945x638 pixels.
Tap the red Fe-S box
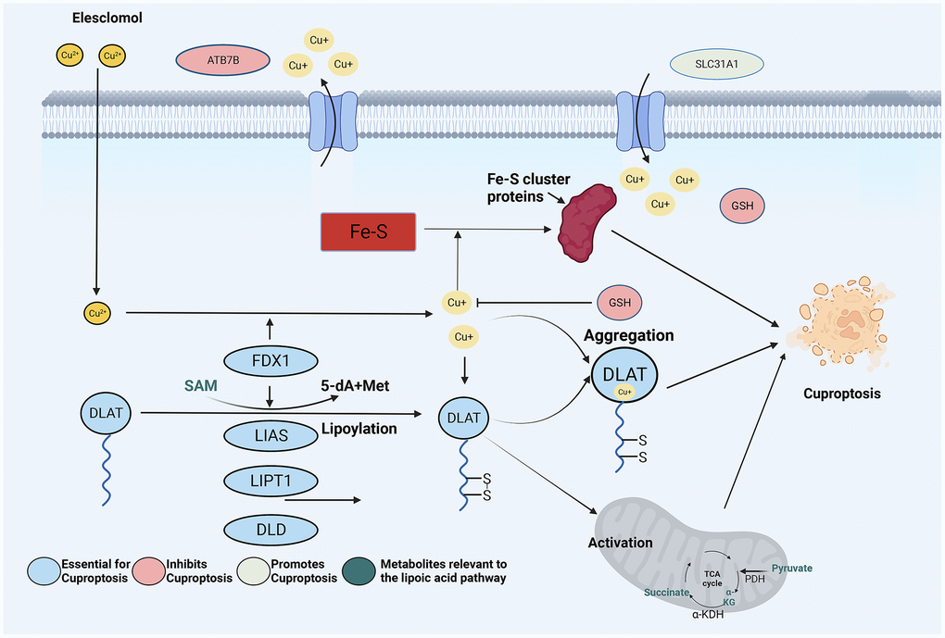(x=367, y=231)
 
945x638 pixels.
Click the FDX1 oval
(x=270, y=361)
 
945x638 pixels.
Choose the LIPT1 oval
(x=270, y=482)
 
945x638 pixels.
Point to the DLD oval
(x=270, y=530)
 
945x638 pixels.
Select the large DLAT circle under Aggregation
(x=626, y=377)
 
